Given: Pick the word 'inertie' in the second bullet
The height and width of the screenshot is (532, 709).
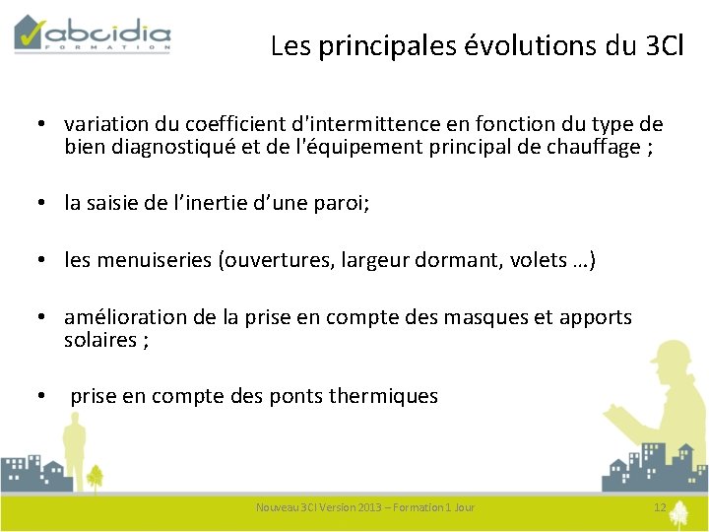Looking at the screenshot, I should click(255, 203).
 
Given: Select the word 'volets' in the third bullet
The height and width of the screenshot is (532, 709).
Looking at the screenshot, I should click(535, 260).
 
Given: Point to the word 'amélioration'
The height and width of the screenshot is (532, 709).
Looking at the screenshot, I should click(122, 317).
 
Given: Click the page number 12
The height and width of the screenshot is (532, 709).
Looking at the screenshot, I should click(660, 507).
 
